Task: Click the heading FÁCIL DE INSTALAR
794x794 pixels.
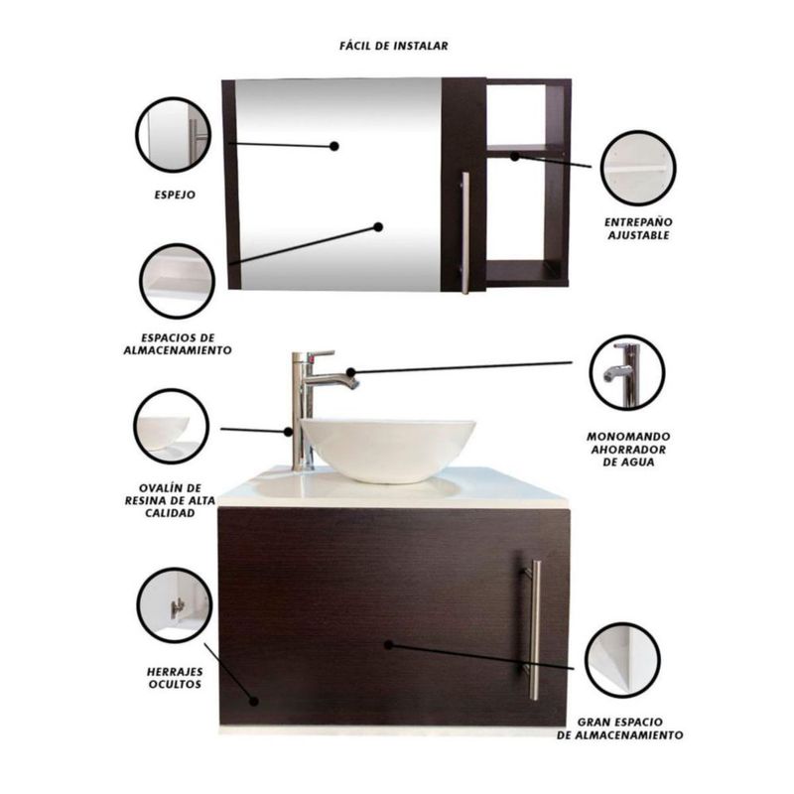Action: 393,46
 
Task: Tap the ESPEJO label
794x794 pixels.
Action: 175,195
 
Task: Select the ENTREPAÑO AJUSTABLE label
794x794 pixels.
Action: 638,228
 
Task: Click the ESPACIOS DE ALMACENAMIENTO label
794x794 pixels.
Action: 178,343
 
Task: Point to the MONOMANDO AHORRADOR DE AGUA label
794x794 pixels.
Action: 628,450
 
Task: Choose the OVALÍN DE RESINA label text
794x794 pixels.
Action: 170,501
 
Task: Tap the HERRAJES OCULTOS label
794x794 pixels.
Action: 175,678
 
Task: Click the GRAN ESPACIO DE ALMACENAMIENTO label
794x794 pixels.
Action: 619,728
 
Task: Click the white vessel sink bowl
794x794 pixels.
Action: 388,450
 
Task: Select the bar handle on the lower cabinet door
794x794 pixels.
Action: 533,630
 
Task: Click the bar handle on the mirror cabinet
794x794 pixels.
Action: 465,232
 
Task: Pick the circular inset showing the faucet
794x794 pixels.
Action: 627,373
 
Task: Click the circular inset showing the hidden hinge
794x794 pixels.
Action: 175,605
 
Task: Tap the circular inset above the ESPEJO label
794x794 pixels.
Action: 173,135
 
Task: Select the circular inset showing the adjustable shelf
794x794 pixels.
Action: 638,168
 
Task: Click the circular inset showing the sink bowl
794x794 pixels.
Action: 171,427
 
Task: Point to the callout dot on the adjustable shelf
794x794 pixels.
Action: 514,157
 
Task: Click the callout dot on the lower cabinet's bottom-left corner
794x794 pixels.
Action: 254,702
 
